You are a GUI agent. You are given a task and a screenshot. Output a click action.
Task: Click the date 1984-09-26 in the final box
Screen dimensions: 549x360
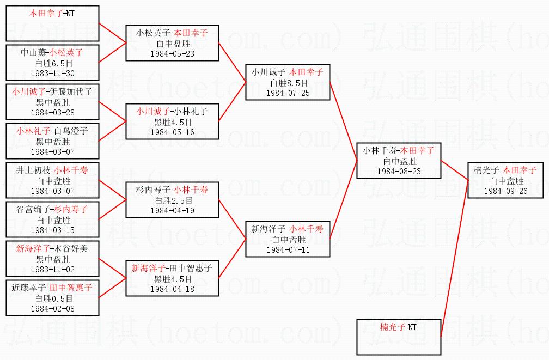[505, 191]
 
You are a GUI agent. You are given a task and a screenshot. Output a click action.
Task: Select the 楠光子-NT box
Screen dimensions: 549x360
[399, 337]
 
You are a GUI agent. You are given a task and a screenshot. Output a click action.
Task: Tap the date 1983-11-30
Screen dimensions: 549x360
[52, 73]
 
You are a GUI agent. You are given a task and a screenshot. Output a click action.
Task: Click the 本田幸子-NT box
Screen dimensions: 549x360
[52, 23]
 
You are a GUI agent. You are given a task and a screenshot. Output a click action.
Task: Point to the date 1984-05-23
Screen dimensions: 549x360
[172, 53]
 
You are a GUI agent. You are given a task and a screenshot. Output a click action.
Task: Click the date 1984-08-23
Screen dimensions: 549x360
[399, 171]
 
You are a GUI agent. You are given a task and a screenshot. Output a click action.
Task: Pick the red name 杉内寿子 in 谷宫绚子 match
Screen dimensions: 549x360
[71, 210]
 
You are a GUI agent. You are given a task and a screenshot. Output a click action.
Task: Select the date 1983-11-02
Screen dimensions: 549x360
[52, 269]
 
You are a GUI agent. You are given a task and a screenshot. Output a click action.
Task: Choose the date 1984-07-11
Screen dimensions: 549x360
[288, 249]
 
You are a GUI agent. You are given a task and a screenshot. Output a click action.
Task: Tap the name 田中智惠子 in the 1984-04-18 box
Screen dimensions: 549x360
[191, 269]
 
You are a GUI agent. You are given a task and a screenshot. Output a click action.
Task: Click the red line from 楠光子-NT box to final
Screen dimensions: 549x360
[454, 259]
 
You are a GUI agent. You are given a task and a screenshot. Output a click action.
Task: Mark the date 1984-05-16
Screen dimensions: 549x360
[172, 132]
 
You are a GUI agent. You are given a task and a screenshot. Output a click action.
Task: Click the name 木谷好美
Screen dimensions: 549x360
[71, 249]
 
